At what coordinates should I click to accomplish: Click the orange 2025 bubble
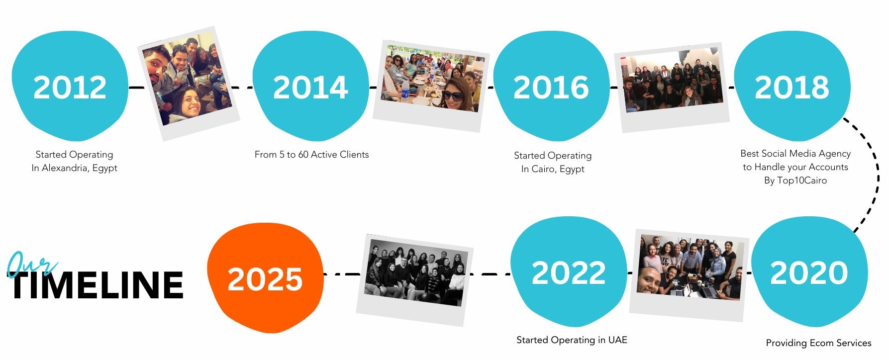coord(265,278)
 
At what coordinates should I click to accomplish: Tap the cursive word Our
coord(31,263)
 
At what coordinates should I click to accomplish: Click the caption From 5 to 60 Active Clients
coord(312,155)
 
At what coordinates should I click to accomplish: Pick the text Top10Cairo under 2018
coord(802,180)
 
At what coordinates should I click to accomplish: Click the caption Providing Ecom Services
coord(819,343)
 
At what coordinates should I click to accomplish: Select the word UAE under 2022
coord(618,340)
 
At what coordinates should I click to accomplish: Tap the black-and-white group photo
coord(415,280)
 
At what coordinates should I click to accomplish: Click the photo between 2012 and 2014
coord(189,83)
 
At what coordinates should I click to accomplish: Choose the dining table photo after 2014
coord(431,86)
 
